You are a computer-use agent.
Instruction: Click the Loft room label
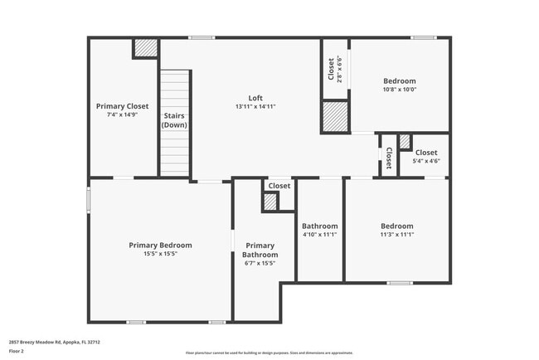244,98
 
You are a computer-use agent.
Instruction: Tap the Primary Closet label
122,106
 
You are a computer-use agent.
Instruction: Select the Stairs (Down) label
174,120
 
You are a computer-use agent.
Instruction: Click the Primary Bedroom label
160,245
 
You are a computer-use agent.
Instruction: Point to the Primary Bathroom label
260,250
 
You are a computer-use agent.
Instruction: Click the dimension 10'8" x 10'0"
399,90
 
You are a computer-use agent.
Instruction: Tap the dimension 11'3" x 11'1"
396,235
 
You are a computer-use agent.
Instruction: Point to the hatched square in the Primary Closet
146,48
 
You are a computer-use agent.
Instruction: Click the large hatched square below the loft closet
334,116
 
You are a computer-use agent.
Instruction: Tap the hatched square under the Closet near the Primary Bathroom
270,201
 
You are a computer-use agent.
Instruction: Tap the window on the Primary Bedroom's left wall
90,201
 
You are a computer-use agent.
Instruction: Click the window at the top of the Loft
201,37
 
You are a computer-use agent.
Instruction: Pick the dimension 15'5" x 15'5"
160,254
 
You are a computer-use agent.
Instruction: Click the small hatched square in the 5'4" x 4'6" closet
405,142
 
